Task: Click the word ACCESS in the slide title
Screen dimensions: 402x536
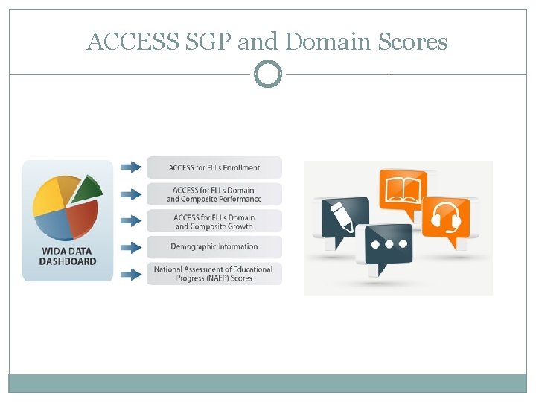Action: [131, 42]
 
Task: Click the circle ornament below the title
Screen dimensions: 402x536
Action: [268, 74]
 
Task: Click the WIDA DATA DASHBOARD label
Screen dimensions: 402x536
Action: [68, 256]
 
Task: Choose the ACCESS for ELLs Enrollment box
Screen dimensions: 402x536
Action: [214, 167]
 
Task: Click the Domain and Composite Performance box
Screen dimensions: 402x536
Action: [214, 194]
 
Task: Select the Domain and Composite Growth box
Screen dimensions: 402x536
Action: [214, 221]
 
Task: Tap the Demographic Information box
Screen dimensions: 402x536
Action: [214, 246]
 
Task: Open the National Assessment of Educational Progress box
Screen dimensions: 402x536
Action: [214, 273]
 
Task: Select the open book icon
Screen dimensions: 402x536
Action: [403, 185]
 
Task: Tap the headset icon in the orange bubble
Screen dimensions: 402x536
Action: [447, 217]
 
